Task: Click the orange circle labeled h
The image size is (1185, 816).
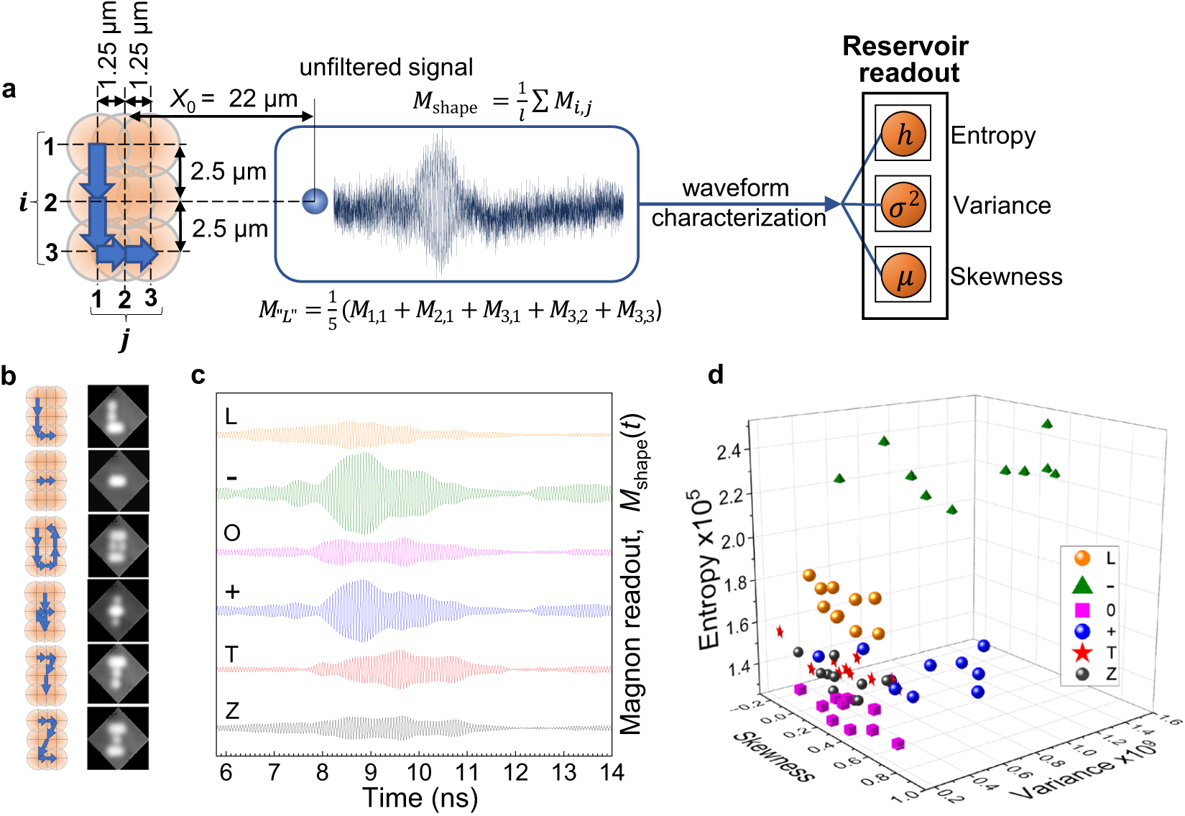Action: point(903,134)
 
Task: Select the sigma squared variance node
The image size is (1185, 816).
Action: point(903,205)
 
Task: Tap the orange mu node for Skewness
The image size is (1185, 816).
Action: point(903,275)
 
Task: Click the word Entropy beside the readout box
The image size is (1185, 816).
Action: point(993,135)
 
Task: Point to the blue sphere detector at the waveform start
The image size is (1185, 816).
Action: point(315,201)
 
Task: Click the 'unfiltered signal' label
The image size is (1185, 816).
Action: point(386,68)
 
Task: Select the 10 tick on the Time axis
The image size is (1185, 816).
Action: point(419,772)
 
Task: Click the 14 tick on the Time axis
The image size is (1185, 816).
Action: point(612,772)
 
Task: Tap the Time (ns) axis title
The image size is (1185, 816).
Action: point(420,798)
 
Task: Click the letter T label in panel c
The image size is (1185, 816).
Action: point(231,654)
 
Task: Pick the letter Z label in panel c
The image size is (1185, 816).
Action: point(231,711)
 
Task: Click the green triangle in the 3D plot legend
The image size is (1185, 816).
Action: point(1082,585)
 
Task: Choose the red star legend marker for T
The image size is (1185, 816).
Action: point(1082,653)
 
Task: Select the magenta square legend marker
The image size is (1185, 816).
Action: point(1082,610)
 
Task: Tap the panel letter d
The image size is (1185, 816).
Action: point(716,375)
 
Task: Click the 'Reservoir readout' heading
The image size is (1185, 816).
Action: point(905,59)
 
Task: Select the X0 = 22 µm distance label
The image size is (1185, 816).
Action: point(234,99)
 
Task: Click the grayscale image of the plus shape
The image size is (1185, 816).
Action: point(118,610)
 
